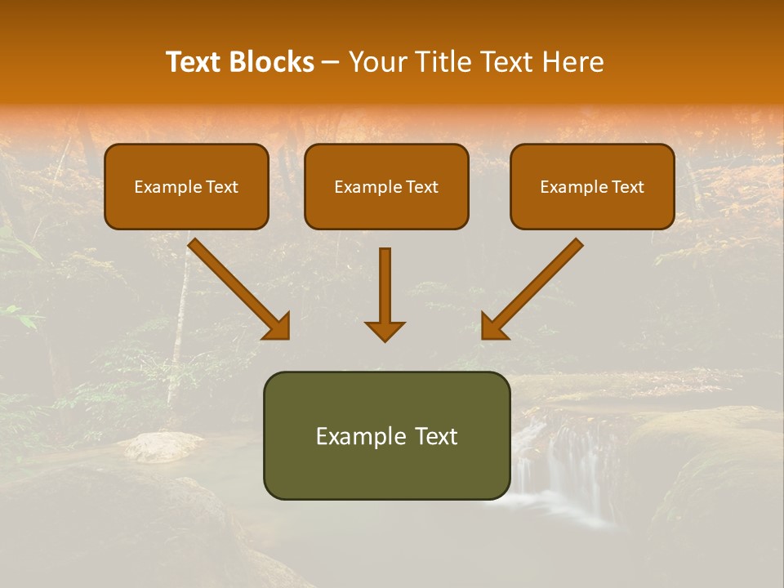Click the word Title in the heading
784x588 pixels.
pos(434,62)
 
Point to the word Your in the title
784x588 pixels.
pos(376,62)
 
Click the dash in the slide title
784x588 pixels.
pos(331,63)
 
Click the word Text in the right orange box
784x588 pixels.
pos(627,187)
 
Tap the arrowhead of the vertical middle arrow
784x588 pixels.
pos(385,331)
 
